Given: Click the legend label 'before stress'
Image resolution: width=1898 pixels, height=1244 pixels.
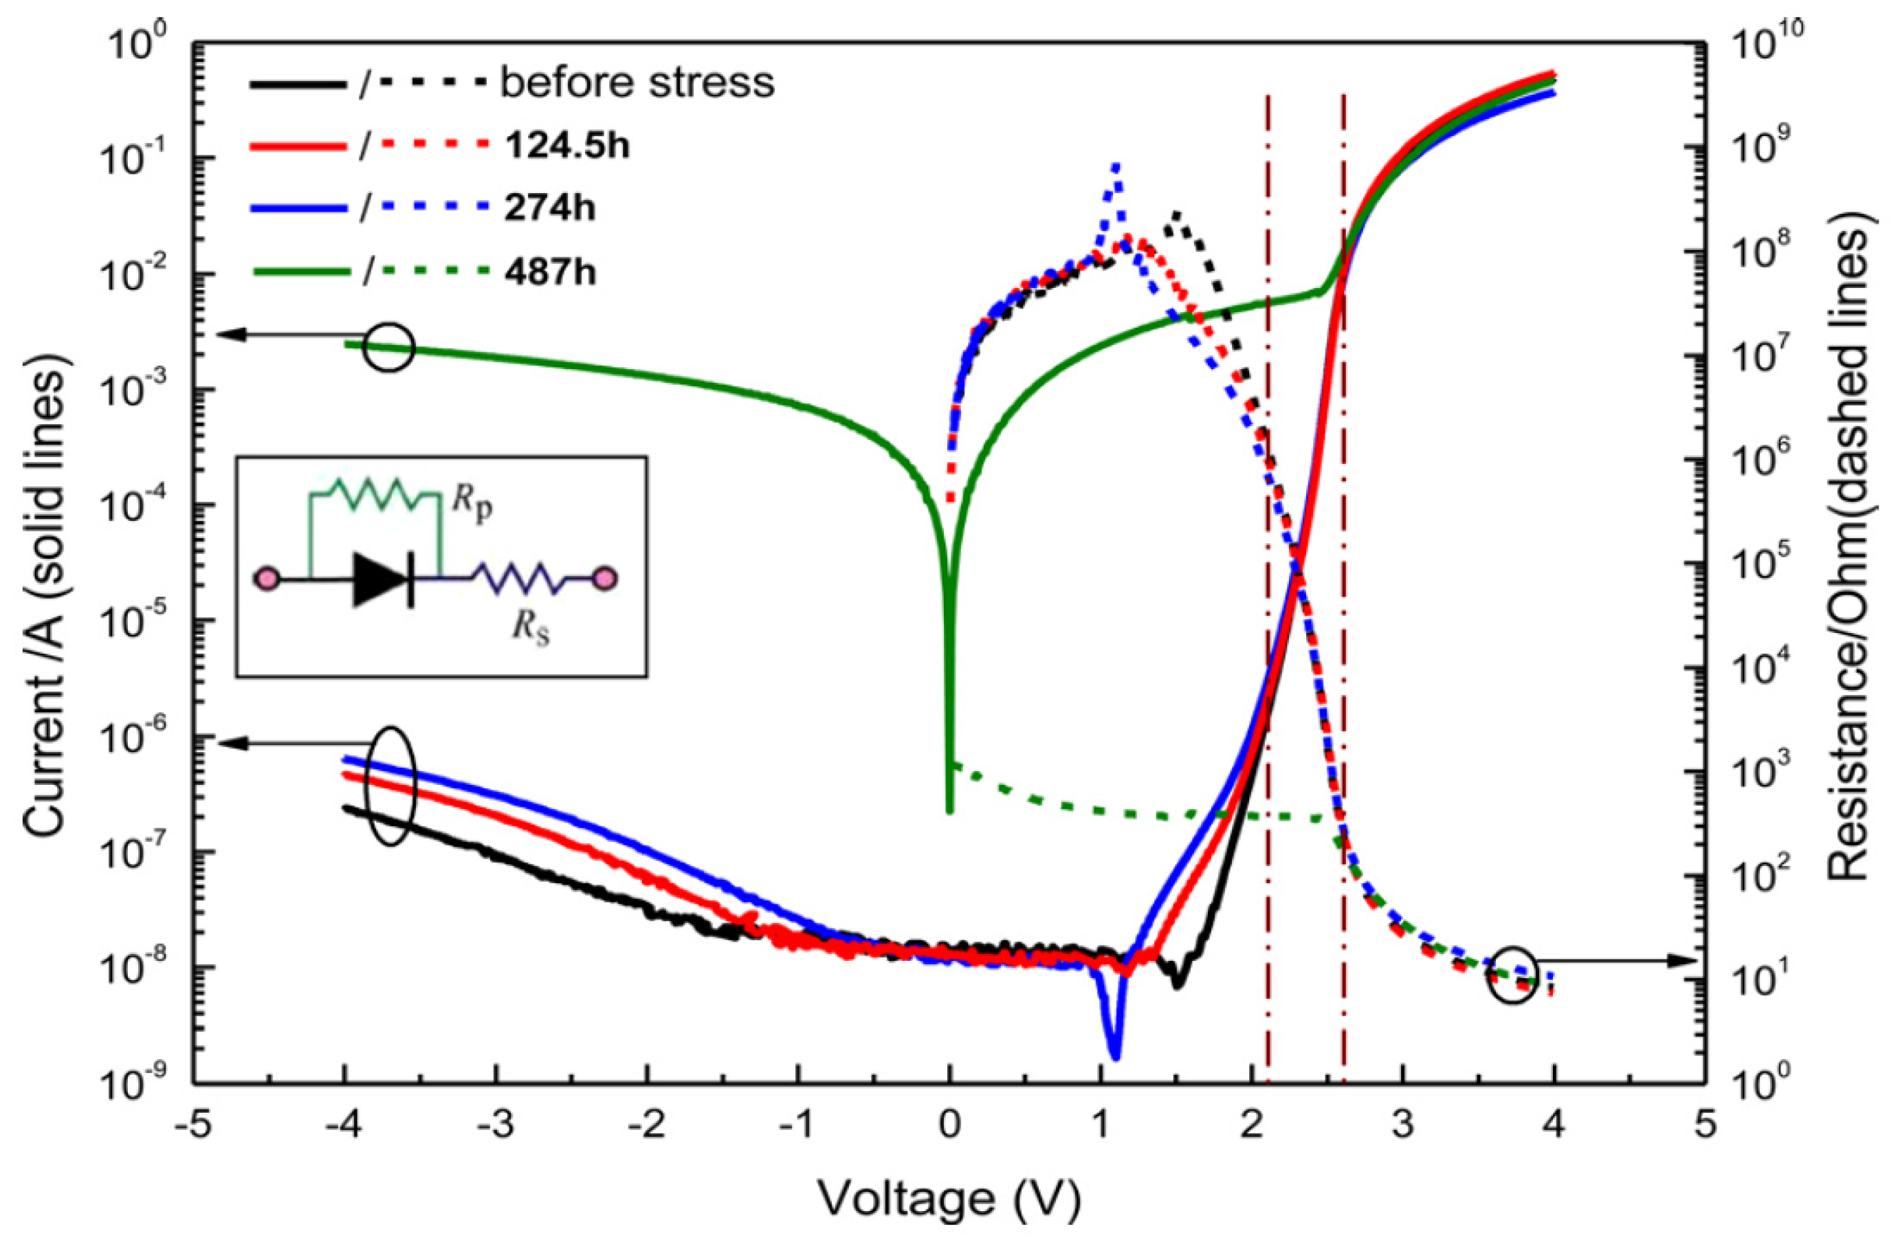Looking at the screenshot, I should click(637, 83).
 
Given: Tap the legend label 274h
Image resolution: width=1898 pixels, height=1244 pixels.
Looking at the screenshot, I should click(549, 209).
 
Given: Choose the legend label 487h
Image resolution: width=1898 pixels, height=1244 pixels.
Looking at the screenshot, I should click(549, 273).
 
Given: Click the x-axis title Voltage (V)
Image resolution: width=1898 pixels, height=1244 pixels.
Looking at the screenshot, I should click(949, 1199).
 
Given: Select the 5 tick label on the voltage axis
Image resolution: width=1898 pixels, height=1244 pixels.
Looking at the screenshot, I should click(1704, 1128).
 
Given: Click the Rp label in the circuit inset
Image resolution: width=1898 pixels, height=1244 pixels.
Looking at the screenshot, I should click(473, 508).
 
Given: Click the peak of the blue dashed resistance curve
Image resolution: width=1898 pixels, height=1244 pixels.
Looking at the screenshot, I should click(1116, 165).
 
